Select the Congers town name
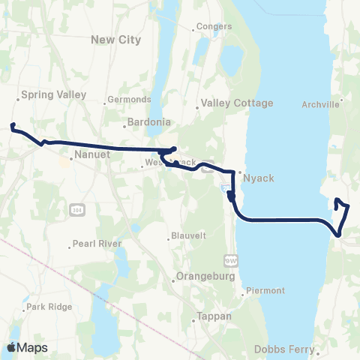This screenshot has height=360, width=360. click(216, 27)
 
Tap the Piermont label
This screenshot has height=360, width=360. click(263, 290)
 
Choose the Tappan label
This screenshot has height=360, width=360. click(214, 316)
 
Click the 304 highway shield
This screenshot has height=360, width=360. click(76, 208)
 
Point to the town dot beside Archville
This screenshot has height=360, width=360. click(343, 98)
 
